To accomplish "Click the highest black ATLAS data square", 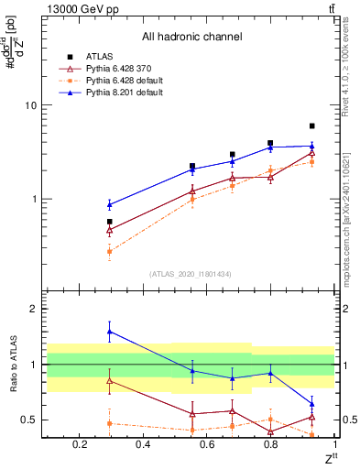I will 312,125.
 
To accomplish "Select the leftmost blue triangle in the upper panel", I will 110,204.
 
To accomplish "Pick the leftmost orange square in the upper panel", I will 110,251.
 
